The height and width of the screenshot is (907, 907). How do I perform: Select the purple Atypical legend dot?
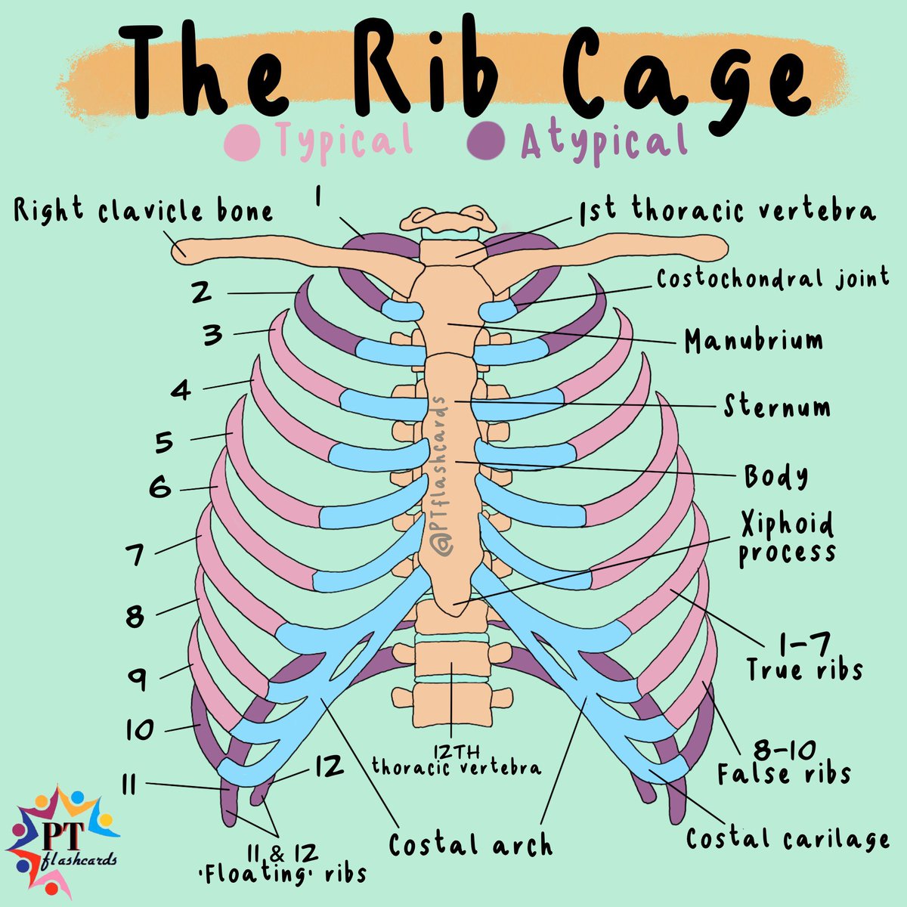click(488, 141)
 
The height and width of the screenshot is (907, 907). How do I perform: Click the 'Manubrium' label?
click(754, 341)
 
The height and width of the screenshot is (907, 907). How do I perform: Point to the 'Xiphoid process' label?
click(787, 538)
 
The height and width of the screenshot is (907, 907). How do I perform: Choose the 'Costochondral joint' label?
click(772, 279)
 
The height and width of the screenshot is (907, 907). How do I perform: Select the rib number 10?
click(141, 730)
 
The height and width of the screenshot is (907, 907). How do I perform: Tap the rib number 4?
click(181, 391)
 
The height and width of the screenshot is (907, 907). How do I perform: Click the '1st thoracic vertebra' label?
click(727, 210)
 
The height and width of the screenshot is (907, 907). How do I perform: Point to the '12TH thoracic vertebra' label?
click(457, 760)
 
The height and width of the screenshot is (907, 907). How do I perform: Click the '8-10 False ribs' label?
click(783, 762)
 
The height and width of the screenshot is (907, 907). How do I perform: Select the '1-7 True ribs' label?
click(804, 658)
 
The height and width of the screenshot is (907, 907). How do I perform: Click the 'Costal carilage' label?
click(787, 838)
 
